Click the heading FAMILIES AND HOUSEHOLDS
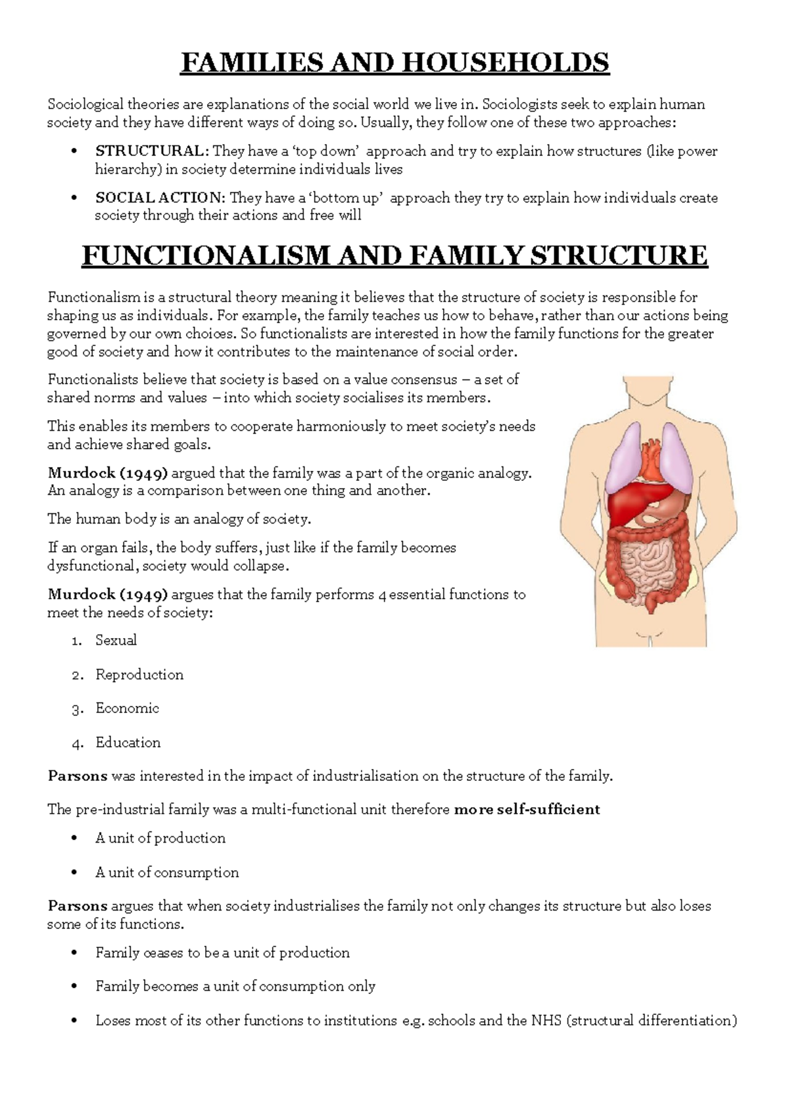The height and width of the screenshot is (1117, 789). coord(394,63)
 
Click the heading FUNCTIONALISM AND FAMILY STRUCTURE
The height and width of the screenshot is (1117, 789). coord(394,255)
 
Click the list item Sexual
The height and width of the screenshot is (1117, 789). coord(116,640)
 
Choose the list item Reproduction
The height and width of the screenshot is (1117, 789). coord(139,675)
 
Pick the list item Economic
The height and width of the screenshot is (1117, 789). coord(127,708)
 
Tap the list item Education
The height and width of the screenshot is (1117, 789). coord(128,743)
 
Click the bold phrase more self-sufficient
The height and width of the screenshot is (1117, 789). coord(527,810)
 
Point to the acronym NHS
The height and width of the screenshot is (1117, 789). coord(546,1021)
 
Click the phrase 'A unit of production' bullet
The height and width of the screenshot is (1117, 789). coord(160,838)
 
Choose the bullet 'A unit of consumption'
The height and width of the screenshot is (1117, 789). coord(167,873)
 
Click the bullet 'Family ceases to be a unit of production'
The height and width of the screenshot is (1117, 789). coord(222,953)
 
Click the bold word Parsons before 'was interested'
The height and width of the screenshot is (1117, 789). coord(77,776)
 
